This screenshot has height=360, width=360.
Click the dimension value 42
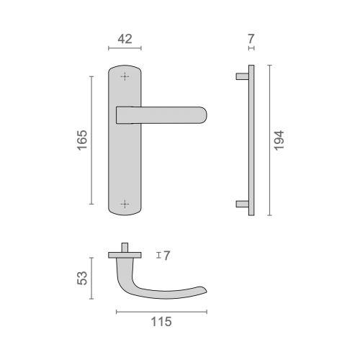click(x=125, y=39)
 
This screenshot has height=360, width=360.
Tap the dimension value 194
click(x=280, y=140)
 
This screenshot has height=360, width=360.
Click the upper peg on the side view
click(x=243, y=76)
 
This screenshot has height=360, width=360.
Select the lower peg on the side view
click(x=243, y=204)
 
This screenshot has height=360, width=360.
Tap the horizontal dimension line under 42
click(x=125, y=49)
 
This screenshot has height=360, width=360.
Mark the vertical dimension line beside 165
click(x=91, y=140)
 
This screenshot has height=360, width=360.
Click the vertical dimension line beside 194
click(x=269, y=140)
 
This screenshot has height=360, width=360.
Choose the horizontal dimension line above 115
click(x=161, y=311)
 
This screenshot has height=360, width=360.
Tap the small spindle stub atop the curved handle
click(x=125, y=248)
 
